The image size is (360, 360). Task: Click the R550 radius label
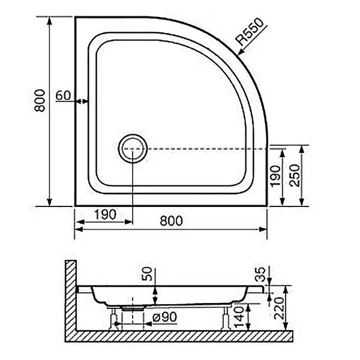pyautogui.click(x=250, y=32)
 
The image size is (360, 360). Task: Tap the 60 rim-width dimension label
pyautogui.click(x=64, y=95)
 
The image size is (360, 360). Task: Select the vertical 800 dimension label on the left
pyautogui.click(x=40, y=101)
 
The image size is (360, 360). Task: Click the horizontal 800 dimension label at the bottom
pyautogui.click(x=171, y=221)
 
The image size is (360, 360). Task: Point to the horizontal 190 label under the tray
pyautogui.click(x=106, y=215)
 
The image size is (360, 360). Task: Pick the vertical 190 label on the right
pyautogui.click(x=275, y=176)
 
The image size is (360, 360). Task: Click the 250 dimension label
pyautogui.click(x=295, y=175)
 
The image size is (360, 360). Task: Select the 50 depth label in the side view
pyautogui.click(x=147, y=274)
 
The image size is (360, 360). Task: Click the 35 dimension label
pyautogui.click(x=260, y=274)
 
